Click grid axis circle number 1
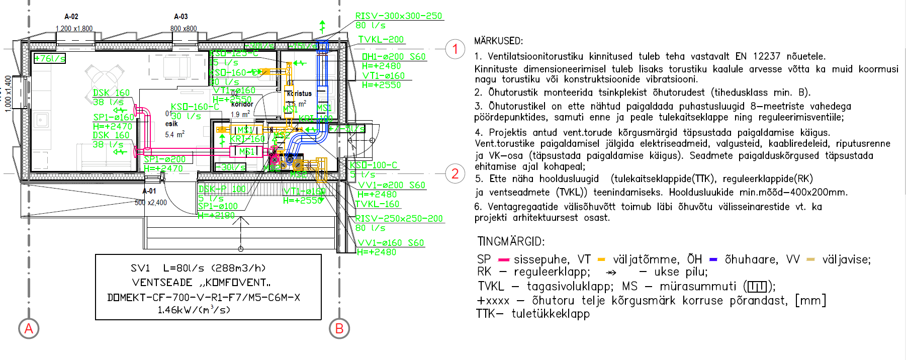(455, 49)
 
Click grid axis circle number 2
(455, 174)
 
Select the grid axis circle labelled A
(29, 329)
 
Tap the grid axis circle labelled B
(339, 329)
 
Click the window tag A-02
(71, 17)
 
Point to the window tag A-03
(181, 17)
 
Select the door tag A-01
(149, 191)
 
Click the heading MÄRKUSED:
(498, 41)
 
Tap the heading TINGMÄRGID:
(511, 241)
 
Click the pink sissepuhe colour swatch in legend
(504, 260)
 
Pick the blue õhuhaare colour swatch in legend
(713, 260)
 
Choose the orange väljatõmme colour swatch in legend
(601, 260)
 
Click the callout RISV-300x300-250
(399, 16)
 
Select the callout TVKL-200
(381, 39)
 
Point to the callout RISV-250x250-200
(399, 219)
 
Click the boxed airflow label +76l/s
(49, 58)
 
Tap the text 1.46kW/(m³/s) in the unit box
(194, 310)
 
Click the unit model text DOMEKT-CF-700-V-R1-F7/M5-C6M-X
(204, 297)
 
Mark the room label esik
(171, 124)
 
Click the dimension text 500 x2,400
(151, 203)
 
